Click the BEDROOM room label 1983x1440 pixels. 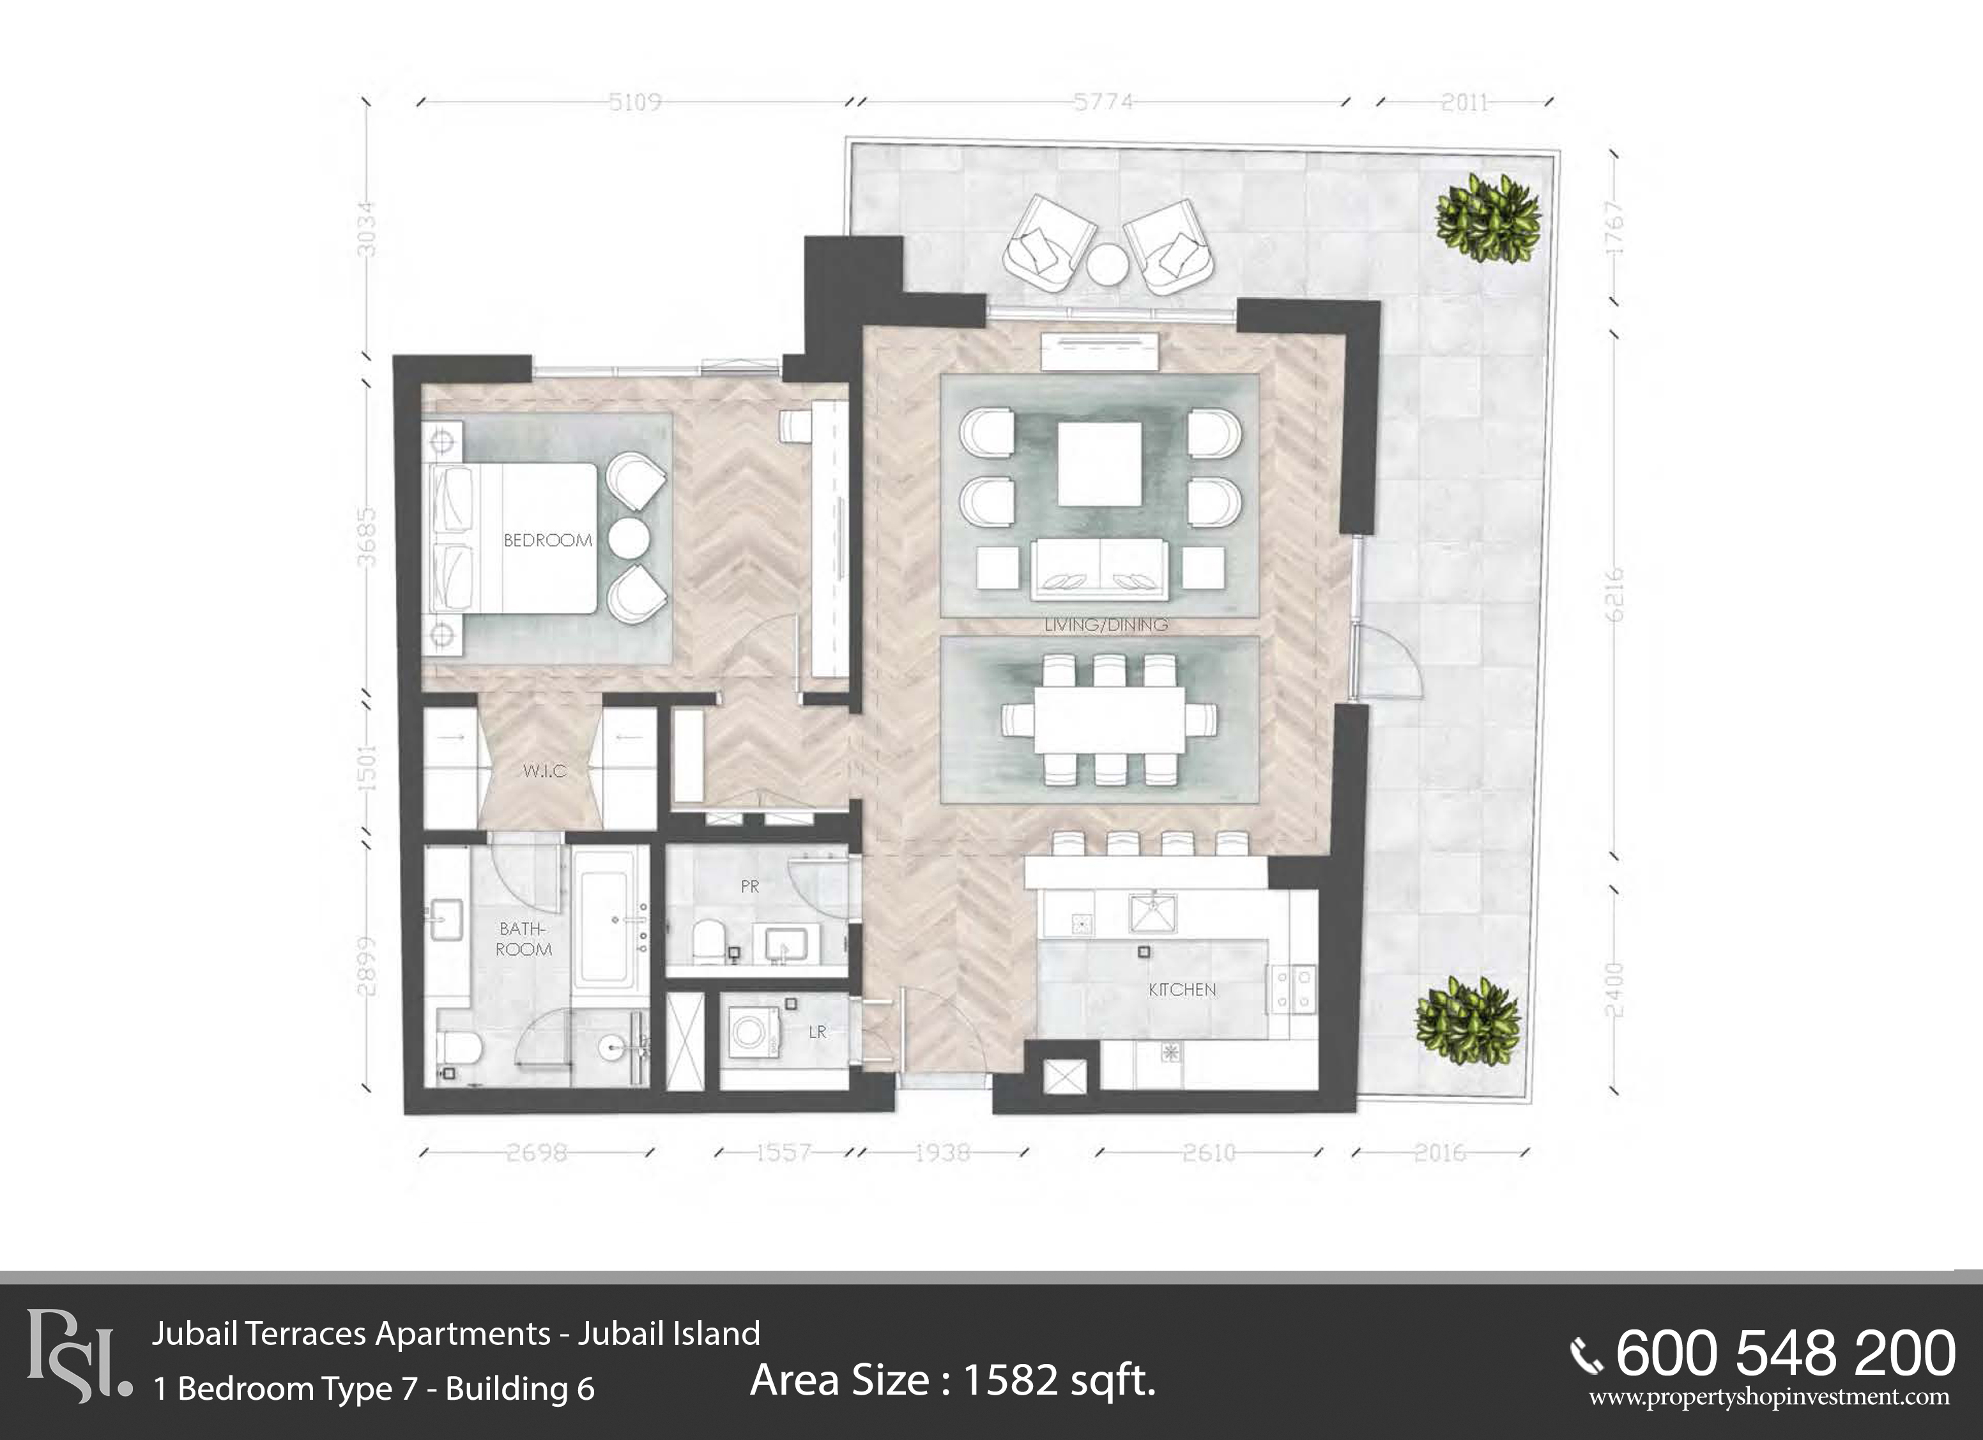click(547, 540)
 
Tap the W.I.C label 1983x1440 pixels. click(544, 770)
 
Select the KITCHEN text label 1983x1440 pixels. click(1182, 989)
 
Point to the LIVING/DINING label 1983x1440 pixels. click(1106, 624)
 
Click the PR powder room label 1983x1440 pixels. click(749, 887)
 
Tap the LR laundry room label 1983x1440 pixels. click(818, 1032)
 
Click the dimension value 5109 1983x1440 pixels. click(636, 102)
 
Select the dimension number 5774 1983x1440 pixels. click(1103, 102)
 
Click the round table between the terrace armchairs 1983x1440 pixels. click(1108, 264)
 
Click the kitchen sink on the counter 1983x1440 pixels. click(1152, 913)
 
